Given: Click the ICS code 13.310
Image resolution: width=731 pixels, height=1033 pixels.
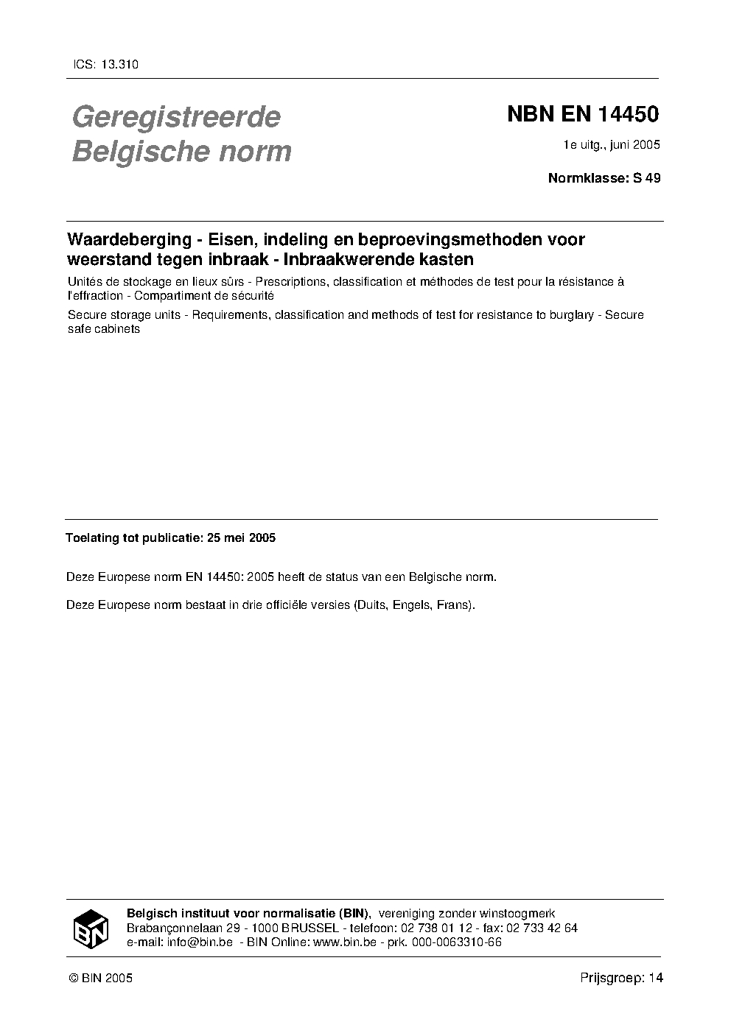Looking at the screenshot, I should pos(119,64).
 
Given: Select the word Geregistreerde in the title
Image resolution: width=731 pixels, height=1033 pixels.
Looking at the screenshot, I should pos(176,117).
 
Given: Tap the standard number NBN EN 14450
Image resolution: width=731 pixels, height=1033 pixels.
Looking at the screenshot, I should pos(582,115).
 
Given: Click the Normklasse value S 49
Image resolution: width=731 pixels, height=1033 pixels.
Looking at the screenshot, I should pos(646,177).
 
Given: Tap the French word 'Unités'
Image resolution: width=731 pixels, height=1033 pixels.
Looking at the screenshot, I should pos(85,281).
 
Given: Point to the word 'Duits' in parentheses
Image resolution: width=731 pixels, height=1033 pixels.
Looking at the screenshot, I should pos(371,606).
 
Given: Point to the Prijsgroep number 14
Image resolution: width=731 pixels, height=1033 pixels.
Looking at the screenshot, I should pos(656,978).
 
